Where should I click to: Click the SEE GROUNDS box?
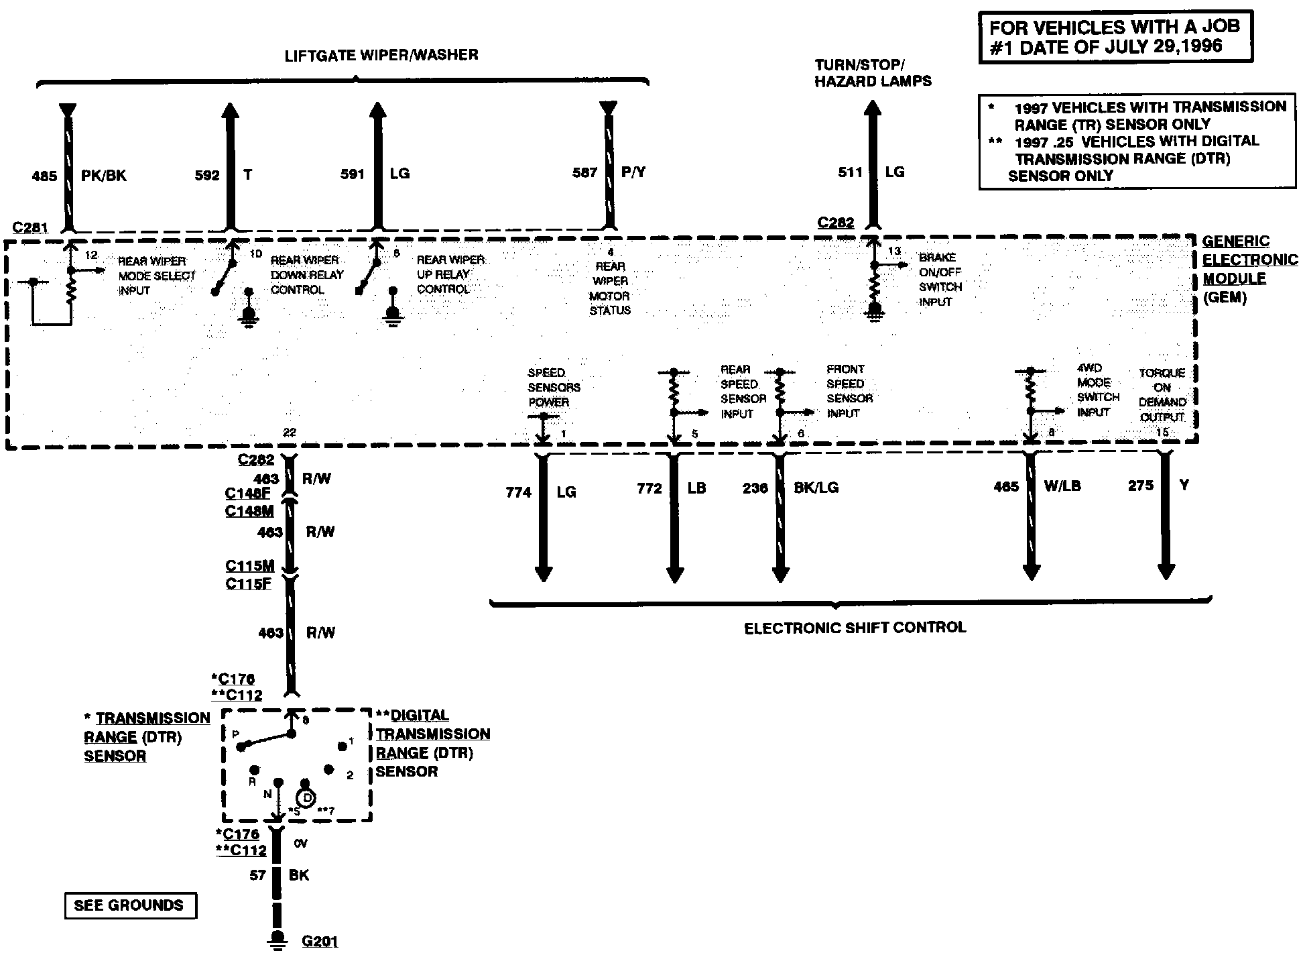(x=129, y=905)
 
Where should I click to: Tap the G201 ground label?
(x=320, y=942)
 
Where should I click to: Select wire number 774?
(x=519, y=492)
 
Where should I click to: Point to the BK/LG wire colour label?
(x=816, y=488)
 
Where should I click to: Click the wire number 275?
(x=1141, y=486)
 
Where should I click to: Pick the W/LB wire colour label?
(x=1062, y=486)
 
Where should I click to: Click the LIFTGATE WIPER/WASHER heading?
(x=381, y=55)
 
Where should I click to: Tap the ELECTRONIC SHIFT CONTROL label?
(x=855, y=628)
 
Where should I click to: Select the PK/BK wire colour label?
(x=104, y=176)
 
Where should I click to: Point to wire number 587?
(x=584, y=173)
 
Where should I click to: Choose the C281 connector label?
(x=30, y=228)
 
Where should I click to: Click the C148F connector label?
(x=247, y=494)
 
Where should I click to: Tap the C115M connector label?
(x=249, y=566)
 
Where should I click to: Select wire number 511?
(x=850, y=172)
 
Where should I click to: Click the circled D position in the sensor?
(x=306, y=798)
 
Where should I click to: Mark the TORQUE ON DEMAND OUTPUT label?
(x=1162, y=395)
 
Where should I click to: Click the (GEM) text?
(x=1225, y=298)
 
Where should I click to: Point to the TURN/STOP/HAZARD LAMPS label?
(x=873, y=73)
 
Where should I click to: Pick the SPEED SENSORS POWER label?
(x=554, y=388)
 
